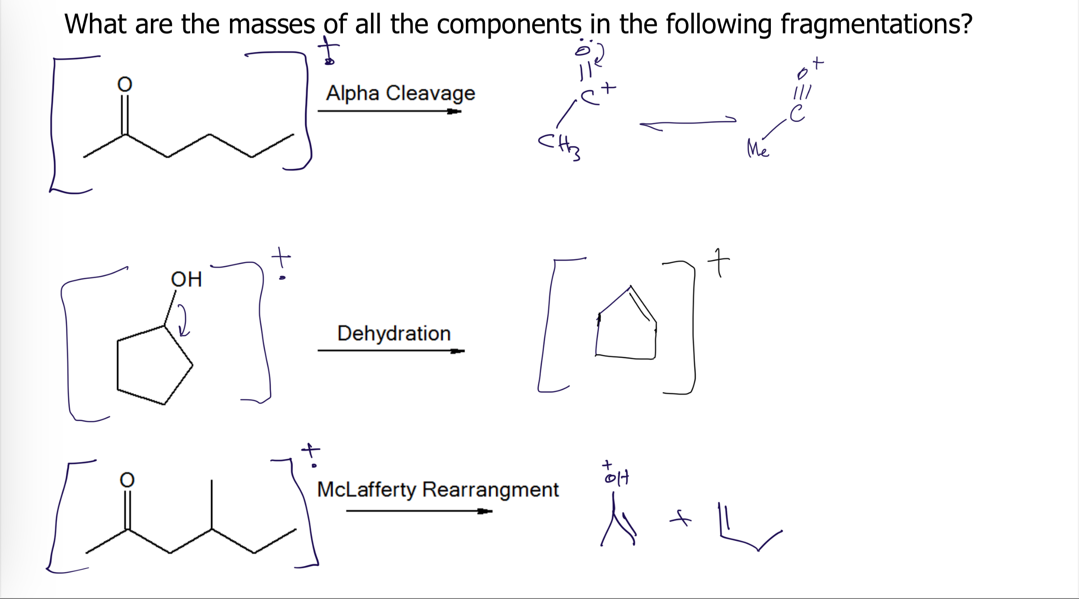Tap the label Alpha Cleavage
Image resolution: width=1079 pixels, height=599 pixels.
coord(400,93)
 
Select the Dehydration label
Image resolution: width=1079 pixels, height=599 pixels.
coord(394,333)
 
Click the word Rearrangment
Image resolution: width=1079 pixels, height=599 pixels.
coord(490,489)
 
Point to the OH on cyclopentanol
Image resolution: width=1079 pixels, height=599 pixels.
coord(186,279)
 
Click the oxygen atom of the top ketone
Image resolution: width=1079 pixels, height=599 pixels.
coord(125,84)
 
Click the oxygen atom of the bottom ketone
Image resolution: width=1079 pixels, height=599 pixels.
coord(127,480)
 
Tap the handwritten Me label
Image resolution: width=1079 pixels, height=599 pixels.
coord(758,149)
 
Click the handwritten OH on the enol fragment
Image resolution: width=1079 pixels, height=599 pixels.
coord(617,477)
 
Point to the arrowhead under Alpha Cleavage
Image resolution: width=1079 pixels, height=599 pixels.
coord(454,111)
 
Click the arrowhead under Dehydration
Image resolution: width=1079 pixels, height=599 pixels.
coord(457,351)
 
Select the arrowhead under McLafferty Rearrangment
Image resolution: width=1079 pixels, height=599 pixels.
coord(485,511)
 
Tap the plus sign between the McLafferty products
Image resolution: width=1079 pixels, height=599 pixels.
coord(680,519)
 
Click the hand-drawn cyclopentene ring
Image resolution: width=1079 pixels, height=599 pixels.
coord(626,328)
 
